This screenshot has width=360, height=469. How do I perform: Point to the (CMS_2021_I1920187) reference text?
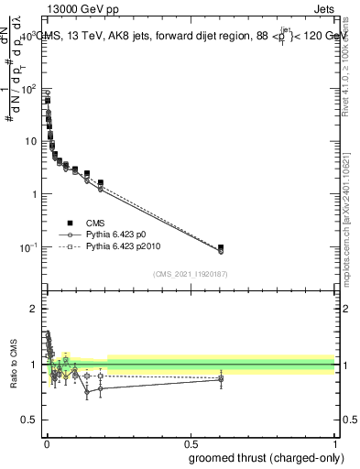point(190,274)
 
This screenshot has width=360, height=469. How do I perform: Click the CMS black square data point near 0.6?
point(221,247)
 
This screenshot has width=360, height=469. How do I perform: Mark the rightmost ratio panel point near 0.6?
point(221,378)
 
